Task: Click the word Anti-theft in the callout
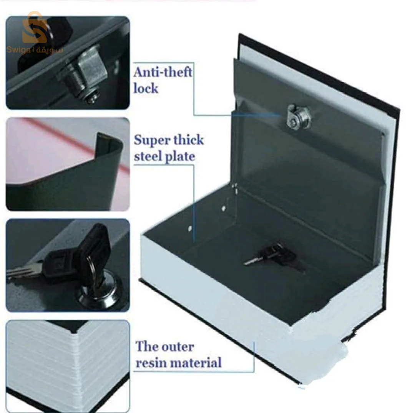(163, 72)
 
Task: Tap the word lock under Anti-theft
(146, 88)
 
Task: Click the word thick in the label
(188, 139)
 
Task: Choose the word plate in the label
(180, 157)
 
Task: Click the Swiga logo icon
(35, 28)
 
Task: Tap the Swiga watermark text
(35, 50)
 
